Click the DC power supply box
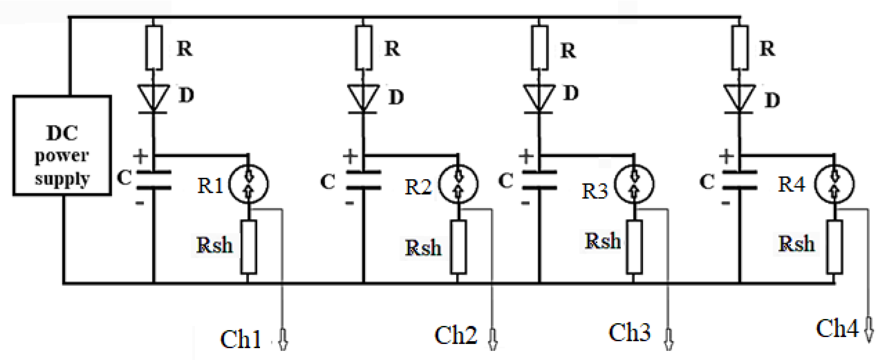[62, 146]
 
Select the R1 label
[210, 186]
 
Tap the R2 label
[418, 187]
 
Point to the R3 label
[595, 191]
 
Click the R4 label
[791, 184]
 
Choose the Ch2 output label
[455, 335]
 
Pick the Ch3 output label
[629, 332]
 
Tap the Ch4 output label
[837, 328]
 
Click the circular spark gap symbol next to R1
[249, 184]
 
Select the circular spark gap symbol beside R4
[834, 184]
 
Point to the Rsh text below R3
[603, 241]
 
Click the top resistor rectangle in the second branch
[364, 48]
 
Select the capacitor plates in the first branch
[154, 180]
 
